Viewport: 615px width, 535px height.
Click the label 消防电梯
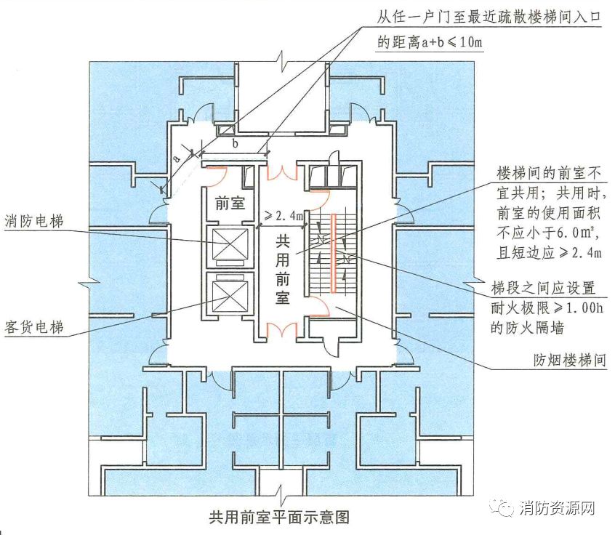[x=34, y=220]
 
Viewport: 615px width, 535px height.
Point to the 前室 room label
[x=230, y=204]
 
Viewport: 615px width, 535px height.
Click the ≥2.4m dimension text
[x=283, y=215]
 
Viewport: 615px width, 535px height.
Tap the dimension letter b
[x=235, y=144]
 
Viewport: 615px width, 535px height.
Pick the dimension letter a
[x=177, y=157]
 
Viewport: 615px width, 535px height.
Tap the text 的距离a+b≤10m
[x=430, y=42]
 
